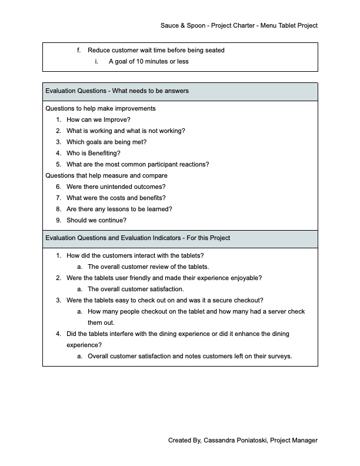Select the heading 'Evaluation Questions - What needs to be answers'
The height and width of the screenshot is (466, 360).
coord(117,91)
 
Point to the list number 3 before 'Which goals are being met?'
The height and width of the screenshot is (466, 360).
coord(58,142)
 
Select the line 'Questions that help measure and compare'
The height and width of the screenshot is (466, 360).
coord(106,175)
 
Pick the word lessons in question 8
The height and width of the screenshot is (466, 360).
coord(133,209)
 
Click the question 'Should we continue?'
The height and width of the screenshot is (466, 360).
coord(96,221)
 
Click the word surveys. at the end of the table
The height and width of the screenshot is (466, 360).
coord(279,357)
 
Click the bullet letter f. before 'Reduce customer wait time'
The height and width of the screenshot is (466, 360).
coord(79,51)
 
